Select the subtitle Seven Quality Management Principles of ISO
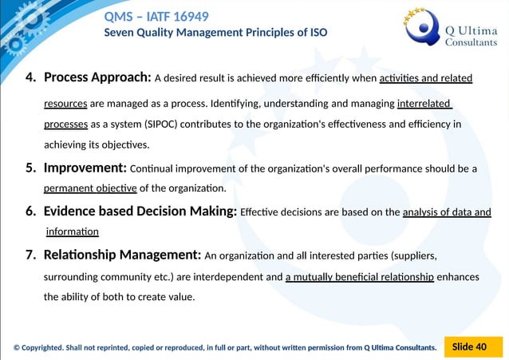[215, 33]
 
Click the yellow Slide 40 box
[469, 346]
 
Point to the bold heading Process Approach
[97, 78]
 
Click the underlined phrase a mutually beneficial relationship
[360, 277]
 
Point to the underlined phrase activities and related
[426, 78]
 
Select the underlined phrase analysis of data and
[447, 212]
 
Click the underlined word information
[72, 231]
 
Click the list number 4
[30, 78]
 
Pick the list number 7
[30, 255]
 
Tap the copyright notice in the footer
[225, 347]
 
